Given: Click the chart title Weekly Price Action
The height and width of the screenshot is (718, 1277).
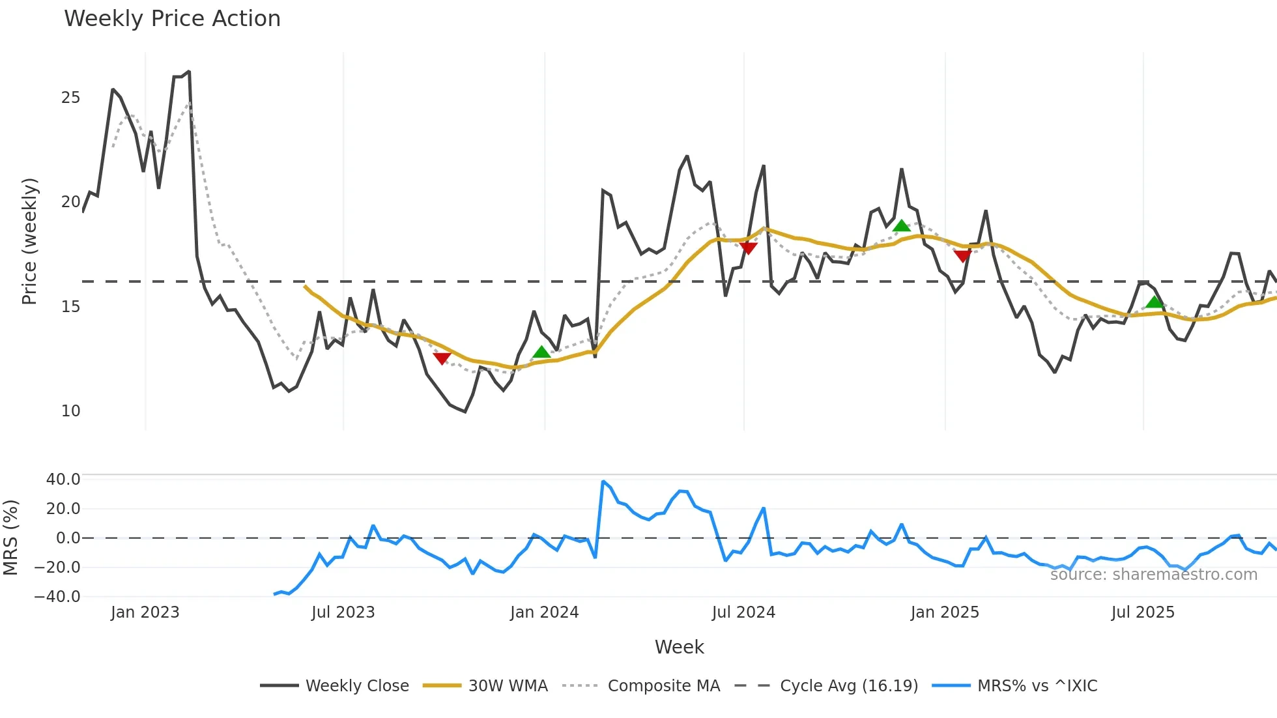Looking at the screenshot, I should coord(172,19).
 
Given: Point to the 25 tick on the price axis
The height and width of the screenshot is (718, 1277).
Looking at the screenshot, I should coord(70,98).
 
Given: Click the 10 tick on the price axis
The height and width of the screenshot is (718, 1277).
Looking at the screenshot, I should coord(70,411).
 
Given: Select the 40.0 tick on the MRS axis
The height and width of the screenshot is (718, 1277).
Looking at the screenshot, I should coord(63,480).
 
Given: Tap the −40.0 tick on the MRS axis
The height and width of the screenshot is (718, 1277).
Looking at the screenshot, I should coord(57,596).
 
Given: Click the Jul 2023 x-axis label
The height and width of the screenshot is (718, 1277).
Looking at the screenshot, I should coord(343,612).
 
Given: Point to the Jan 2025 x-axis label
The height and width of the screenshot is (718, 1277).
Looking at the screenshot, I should coord(944,612).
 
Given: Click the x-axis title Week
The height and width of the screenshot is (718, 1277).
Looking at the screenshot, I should coord(679,647).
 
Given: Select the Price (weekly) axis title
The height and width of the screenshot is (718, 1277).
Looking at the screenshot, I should coord(29,241).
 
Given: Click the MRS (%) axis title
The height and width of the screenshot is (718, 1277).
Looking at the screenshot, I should coord(10,538).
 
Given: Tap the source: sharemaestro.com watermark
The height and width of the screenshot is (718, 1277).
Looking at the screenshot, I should coord(1153,575).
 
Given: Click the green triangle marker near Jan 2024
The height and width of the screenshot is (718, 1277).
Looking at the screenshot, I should coord(541,352).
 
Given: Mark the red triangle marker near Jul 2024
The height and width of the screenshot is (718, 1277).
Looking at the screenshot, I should coord(748,248).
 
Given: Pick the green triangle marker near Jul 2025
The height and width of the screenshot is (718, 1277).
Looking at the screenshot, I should coord(1155,302).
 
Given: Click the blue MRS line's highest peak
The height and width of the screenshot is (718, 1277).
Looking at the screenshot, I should coord(603,481).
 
